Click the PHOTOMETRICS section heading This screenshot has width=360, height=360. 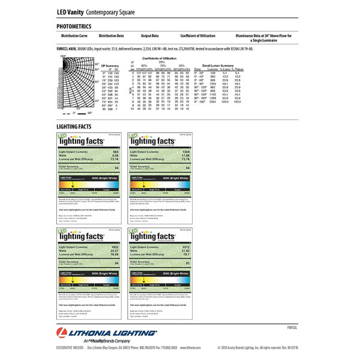[74, 27]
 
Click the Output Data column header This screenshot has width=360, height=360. [149, 36]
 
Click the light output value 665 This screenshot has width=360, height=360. [116, 152]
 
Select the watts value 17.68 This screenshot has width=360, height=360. [185, 156]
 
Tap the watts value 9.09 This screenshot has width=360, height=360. [116, 156]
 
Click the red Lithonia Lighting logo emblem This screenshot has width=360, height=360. [62, 334]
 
